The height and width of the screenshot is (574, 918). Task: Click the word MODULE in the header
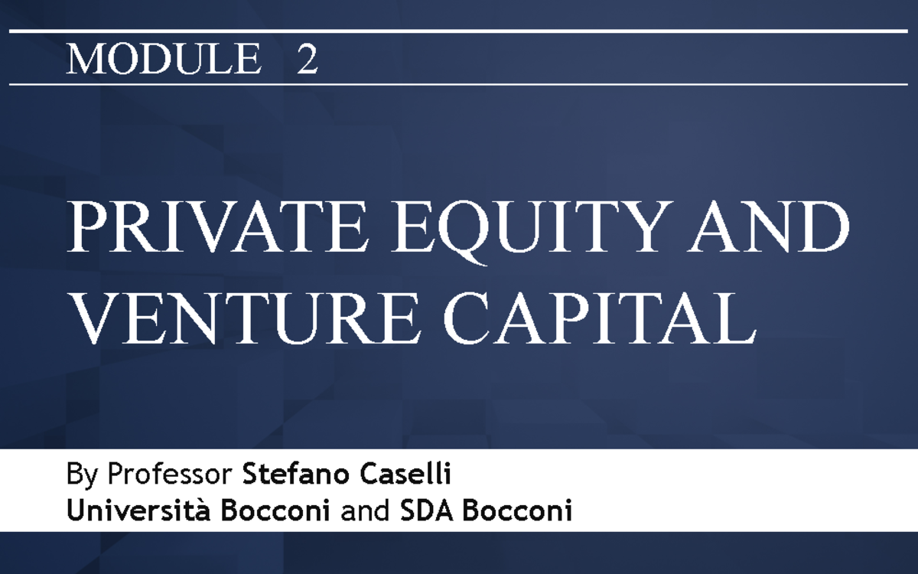tap(164, 59)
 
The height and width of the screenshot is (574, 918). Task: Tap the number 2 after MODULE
tap(308, 59)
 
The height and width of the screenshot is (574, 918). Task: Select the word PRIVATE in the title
tap(217, 227)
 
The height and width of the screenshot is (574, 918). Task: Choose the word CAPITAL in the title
tap(600, 317)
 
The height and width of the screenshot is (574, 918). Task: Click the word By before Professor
tap(82, 475)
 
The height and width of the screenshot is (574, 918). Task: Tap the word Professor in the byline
tap(170, 474)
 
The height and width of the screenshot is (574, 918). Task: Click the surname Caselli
tap(405, 474)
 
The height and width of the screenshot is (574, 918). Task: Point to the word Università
tap(138, 510)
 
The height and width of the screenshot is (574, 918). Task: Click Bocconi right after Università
tap(275, 511)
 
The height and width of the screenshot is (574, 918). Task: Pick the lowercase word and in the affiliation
tap(365, 511)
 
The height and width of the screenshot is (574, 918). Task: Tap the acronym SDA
tap(427, 511)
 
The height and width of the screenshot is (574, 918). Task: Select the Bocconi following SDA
tap(518, 511)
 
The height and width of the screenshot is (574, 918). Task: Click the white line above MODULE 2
tap(458, 31)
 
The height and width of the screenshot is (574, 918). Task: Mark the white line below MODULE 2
tap(458, 85)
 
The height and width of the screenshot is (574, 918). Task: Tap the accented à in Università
tap(203, 511)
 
